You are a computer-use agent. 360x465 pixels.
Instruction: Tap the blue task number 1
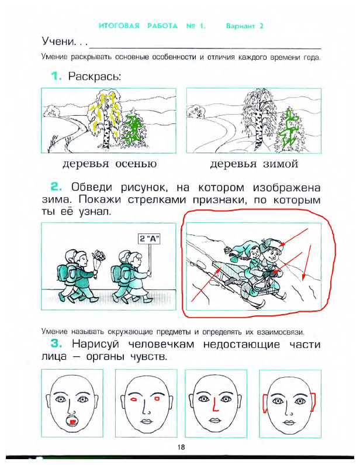tap(56, 77)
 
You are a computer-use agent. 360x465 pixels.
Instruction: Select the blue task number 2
tap(56, 188)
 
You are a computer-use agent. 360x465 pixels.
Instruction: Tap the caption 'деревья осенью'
tap(109, 163)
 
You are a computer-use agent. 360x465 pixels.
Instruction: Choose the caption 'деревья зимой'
tap(254, 163)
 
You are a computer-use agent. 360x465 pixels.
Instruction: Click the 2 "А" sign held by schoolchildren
tap(150, 238)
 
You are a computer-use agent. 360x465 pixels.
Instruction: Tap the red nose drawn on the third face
tap(216, 405)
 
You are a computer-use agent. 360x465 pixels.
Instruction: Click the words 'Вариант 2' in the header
tap(245, 26)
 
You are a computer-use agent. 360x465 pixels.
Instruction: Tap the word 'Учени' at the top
tap(59, 43)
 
